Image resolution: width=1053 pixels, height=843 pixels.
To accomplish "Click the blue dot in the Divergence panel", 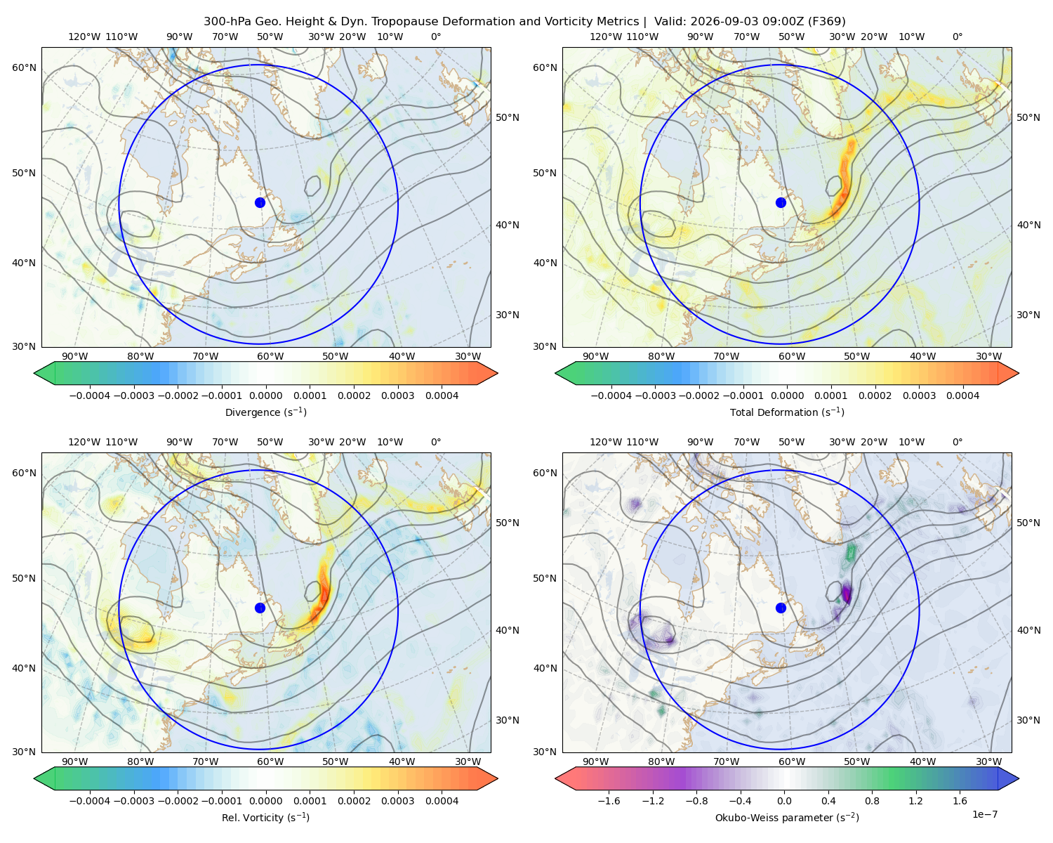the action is [x=260, y=202].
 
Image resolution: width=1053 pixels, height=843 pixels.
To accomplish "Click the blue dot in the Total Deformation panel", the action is [x=781, y=202].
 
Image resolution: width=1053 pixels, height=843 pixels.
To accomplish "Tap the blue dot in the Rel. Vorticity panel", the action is [x=260, y=608].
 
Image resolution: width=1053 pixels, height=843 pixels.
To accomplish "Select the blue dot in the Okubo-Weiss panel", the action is [x=781, y=608].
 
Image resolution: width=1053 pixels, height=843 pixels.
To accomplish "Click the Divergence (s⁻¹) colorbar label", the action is [x=265, y=412].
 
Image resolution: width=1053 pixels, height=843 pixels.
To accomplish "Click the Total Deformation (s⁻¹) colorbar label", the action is [x=787, y=412].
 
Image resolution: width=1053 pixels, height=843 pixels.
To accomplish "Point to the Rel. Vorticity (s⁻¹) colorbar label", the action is [x=265, y=818].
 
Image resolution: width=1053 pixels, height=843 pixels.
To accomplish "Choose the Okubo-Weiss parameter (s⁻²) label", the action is [x=787, y=818].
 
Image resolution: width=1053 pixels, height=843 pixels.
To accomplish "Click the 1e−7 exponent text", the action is [x=984, y=814].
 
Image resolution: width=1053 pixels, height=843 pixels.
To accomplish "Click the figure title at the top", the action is [x=524, y=22].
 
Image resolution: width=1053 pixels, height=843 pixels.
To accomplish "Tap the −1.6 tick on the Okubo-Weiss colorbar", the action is [x=609, y=801].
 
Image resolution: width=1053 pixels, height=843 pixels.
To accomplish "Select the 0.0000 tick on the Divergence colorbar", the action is [x=265, y=396].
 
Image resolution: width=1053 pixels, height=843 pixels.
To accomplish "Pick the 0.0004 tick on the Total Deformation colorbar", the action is [x=963, y=396].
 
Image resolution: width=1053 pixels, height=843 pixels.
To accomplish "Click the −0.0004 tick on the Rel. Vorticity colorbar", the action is [x=90, y=801].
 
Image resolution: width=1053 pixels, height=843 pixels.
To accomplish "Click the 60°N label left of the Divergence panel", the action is [x=24, y=67].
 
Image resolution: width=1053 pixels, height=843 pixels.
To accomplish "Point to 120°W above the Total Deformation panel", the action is [x=606, y=37].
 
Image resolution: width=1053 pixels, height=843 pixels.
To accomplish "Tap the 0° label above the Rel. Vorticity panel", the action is [x=436, y=442].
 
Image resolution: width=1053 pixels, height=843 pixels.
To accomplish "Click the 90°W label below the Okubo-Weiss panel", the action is [x=596, y=762].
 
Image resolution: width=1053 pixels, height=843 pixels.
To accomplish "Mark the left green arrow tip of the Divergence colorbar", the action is [x=34, y=373].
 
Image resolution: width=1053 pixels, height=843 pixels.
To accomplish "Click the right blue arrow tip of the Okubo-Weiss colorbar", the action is [x=1019, y=779].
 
